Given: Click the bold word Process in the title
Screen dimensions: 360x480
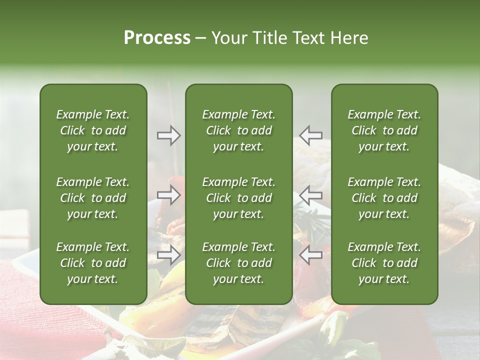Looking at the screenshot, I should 157,38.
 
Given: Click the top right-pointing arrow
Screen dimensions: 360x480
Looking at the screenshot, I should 168,135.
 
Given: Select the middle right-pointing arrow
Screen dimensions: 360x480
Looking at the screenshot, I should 168,195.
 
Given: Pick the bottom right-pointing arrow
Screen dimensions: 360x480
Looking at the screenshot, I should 168,254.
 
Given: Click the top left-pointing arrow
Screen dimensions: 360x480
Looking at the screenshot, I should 311,135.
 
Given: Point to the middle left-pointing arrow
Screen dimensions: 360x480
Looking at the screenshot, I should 311,195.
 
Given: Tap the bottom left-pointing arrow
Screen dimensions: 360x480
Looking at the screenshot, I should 311,254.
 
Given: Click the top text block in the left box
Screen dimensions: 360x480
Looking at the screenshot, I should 93,130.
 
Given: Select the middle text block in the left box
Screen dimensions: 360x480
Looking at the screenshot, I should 93,198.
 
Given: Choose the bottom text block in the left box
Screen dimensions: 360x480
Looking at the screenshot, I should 93,263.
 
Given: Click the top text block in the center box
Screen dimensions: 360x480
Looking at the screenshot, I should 239,130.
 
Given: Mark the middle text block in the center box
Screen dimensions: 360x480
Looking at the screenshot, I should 239,198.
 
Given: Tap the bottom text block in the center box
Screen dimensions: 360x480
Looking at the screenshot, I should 239,263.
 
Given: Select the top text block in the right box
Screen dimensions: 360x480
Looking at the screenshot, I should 384,130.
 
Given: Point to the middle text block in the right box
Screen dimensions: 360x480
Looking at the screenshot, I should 384,198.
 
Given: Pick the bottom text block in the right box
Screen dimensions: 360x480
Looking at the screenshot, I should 384,263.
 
